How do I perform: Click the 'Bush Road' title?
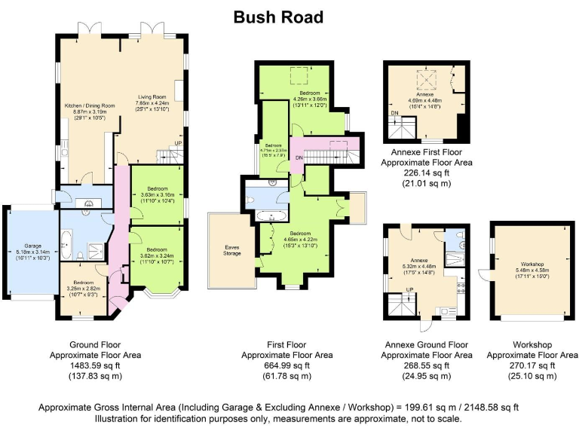click(x=278, y=17)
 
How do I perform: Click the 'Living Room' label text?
click(x=152, y=96)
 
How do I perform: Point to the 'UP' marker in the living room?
click(x=178, y=143)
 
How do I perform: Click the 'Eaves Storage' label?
click(x=233, y=249)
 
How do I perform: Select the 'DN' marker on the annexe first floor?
click(x=394, y=114)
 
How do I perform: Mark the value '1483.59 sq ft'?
click(x=94, y=365)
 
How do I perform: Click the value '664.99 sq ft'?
click(x=286, y=365)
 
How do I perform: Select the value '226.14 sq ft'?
click(x=427, y=172)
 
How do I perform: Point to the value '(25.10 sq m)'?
click(x=532, y=375)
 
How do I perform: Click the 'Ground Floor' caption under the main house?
click(x=94, y=344)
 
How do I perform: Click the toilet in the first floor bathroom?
click(x=251, y=200)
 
